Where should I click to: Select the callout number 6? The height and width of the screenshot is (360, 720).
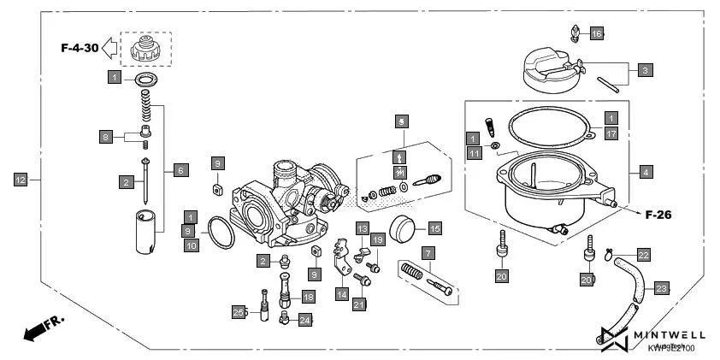click(180, 170)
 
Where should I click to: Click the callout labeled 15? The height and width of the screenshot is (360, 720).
click(434, 228)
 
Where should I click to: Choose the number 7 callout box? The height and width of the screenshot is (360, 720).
click(427, 253)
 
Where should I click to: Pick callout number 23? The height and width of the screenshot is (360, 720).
click(662, 288)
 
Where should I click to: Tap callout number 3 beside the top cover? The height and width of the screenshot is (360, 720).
click(646, 69)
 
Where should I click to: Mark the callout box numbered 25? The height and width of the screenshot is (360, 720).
click(239, 312)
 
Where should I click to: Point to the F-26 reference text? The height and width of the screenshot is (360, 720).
click(658, 215)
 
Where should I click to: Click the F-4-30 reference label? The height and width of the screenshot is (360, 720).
click(79, 49)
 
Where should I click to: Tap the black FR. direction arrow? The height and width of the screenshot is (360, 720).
click(32, 329)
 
